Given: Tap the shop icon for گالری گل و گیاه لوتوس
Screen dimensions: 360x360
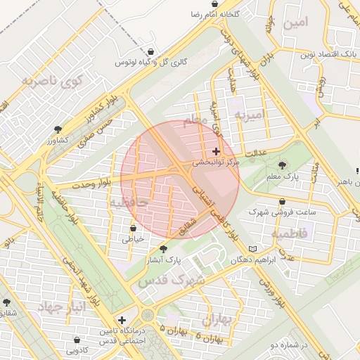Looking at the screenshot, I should tap(152, 51).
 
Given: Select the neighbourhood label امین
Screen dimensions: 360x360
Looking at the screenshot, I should tap(295, 22).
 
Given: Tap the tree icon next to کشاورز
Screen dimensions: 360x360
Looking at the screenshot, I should tap(58, 130).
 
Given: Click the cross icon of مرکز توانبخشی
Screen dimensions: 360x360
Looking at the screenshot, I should tap(216, 151).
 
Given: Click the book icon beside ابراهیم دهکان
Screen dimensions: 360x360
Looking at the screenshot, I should tap(253, 249).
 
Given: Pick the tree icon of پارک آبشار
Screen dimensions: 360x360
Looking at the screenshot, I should tap(164, 248).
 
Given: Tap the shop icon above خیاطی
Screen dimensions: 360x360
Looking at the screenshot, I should tap(133, 228).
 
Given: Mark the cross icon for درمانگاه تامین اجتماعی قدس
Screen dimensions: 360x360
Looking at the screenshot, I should tap(123, 320).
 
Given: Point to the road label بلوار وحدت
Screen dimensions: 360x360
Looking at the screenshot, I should tap(89, 184).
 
